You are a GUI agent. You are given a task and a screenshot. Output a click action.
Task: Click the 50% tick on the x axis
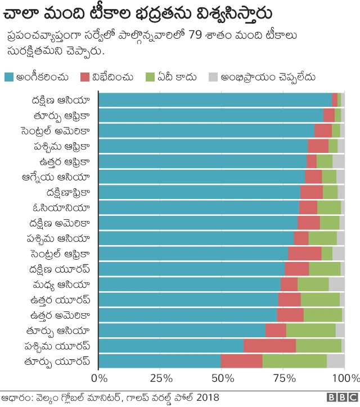point(221,377)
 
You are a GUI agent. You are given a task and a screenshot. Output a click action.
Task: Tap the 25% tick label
point(160,377)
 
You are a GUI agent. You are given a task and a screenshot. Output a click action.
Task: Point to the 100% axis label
point(346,377)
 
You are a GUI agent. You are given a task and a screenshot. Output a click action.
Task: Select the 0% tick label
point(99,377)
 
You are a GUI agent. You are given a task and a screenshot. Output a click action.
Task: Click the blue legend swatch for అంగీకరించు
point(9,76)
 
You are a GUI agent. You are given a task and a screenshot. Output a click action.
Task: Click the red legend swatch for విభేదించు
point(85,76)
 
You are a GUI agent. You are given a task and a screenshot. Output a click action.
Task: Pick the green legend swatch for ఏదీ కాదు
point(150,76)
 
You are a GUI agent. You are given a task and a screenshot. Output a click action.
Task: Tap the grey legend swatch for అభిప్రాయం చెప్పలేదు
point(213,76)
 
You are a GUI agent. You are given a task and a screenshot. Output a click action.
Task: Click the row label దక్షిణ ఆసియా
point(61,100)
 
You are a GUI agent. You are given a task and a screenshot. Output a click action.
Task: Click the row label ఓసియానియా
point(63,207)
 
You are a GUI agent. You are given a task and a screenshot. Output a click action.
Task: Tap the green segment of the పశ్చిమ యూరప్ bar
point(318,345)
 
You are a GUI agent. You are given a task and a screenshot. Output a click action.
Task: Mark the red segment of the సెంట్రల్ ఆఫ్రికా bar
point(304,253)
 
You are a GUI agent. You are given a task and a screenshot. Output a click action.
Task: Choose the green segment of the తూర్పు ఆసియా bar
point(310,330)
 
